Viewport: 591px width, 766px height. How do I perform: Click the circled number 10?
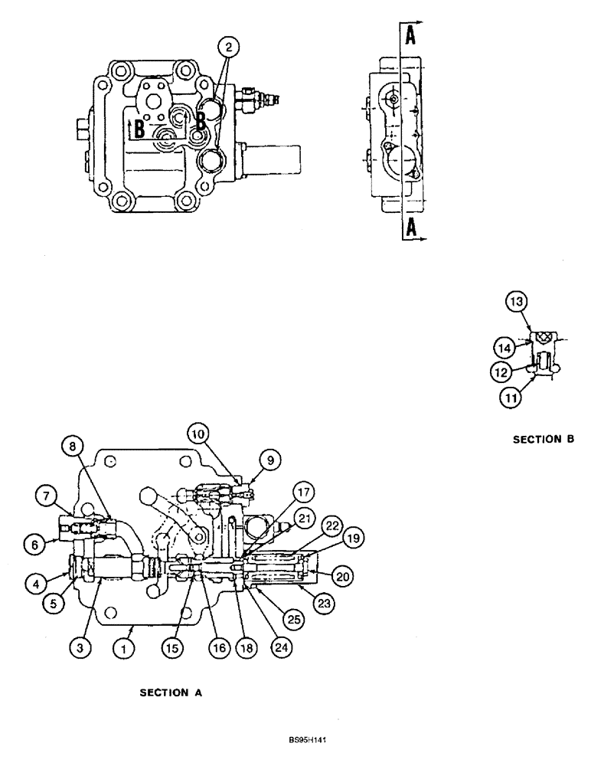pyautogui.click(x=199, y=435)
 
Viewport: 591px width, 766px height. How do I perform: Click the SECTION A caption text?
pyautogui.click(x=169, y=692)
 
